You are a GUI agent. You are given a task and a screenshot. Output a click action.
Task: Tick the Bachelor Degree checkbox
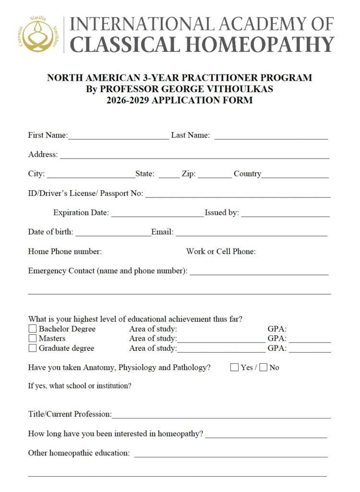tap(33, 329)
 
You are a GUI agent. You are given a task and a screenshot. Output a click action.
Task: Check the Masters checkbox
tap(33, 339)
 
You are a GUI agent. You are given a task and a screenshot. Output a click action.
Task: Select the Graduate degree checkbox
tap(33, 348)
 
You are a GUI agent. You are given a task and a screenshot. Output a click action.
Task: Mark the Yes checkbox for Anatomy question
tap(234, 368)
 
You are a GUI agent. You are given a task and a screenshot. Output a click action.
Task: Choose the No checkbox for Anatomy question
tap(263, 368)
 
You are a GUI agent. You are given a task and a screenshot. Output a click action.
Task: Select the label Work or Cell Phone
tap(221, 251)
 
